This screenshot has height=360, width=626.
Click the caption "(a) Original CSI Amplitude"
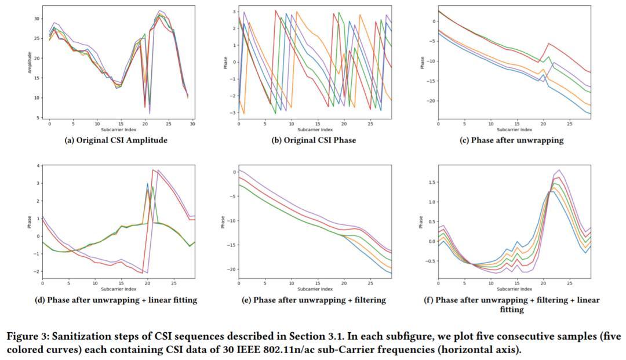pos(115,140)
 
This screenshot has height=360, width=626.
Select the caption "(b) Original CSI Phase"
pos(314,140)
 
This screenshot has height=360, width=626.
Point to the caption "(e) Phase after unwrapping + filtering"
pos(314,300)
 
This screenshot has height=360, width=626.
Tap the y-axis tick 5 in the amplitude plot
pos(38,118)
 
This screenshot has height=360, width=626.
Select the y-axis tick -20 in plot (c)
pos(429,101)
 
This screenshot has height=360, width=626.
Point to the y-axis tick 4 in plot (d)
pos(38,166)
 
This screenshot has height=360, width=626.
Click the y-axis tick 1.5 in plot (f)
pos(430,181)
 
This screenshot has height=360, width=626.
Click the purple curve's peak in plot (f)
pos(559,170)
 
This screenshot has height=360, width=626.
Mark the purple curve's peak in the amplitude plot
pos(159,10)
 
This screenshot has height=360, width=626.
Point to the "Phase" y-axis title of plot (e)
pos(223,221)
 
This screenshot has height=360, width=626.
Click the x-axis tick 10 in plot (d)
pos(94,283)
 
